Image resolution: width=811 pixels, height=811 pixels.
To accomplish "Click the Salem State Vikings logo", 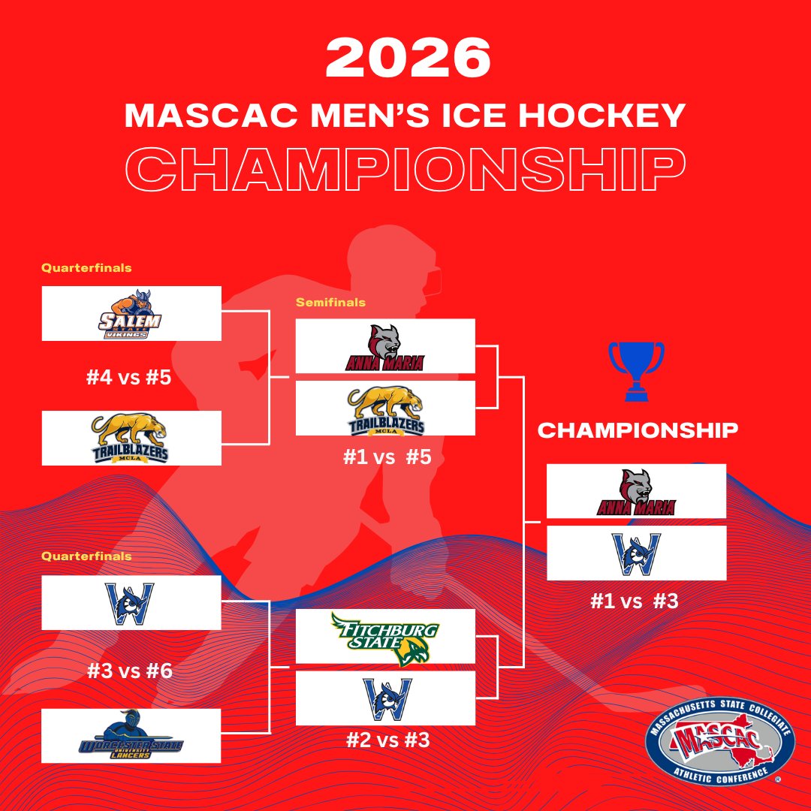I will click(131, 314).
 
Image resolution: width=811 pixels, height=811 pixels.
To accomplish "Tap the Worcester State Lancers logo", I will click(131, 737).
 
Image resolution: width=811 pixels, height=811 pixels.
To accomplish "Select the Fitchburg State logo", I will click(384, 638).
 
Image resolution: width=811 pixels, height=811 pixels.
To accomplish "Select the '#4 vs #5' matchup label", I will click(128, 376).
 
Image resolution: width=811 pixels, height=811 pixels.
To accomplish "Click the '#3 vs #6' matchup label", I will click(128, 670).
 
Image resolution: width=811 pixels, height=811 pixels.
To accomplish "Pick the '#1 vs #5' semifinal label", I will click(387, 457).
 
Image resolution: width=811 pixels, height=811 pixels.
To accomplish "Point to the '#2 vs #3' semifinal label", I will click(387, 740).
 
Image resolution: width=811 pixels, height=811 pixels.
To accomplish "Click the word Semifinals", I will click(330, 303).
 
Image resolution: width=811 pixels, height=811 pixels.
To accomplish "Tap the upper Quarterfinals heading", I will click(86, 267).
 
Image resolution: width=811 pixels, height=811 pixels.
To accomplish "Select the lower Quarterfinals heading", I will click(86, 556).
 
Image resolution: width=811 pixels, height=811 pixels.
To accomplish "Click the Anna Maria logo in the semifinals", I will click(384, 347).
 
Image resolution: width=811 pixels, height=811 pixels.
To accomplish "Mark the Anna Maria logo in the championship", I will click(636, 492).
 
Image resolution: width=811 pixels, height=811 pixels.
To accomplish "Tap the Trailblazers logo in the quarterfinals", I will click(131, 438).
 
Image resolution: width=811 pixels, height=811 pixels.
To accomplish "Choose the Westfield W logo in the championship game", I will click(636, 553).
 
